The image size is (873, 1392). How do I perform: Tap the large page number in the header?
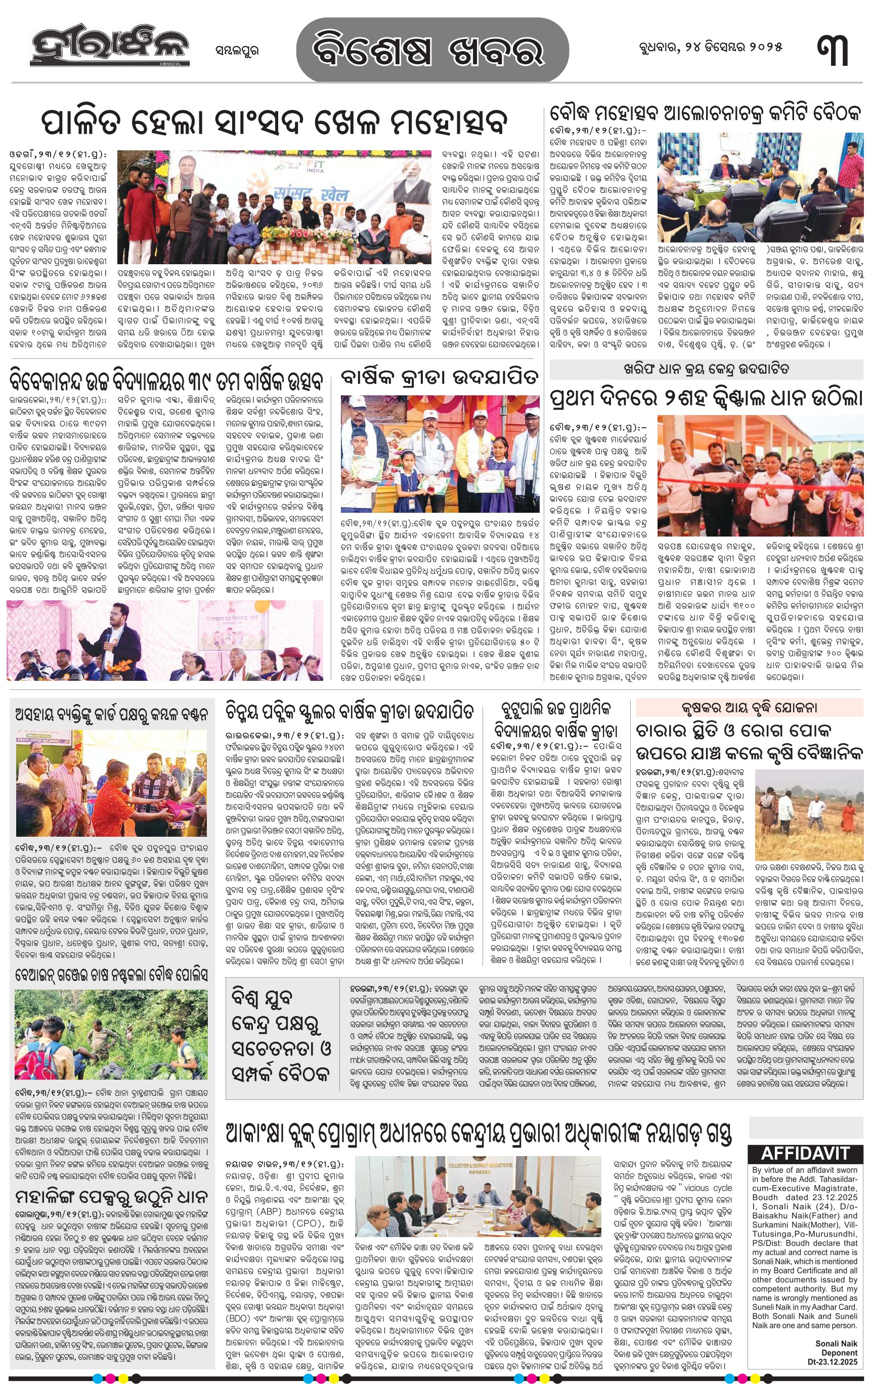[x=833, y=50]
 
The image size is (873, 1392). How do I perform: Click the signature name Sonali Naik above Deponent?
[x=836, y=1343]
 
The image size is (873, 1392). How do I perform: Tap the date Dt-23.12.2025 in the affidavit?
[x=833, y=1362]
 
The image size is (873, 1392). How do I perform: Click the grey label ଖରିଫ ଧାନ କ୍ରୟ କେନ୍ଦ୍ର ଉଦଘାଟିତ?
[x=706, y=369]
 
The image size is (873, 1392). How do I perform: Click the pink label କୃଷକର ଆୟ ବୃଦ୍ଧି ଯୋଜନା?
[x=749, y=707]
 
